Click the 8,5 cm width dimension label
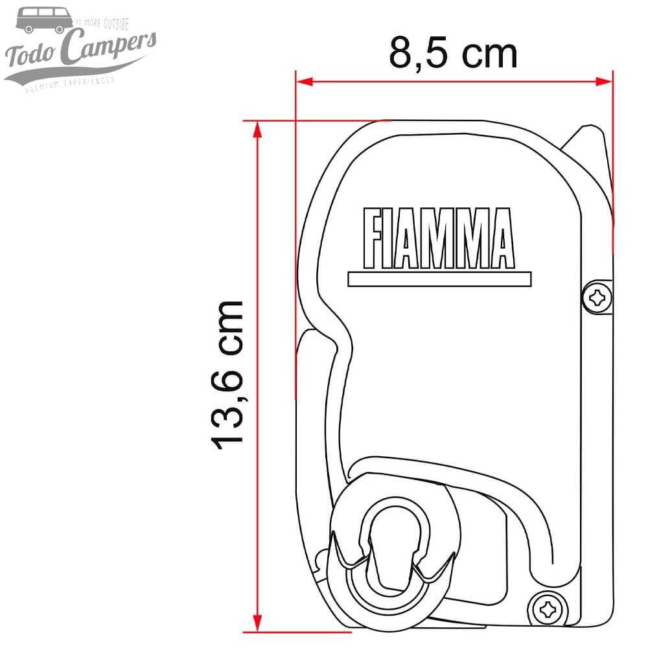453,53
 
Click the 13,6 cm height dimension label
228,375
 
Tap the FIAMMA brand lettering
439,238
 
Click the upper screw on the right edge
597,298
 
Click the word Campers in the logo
110,49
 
